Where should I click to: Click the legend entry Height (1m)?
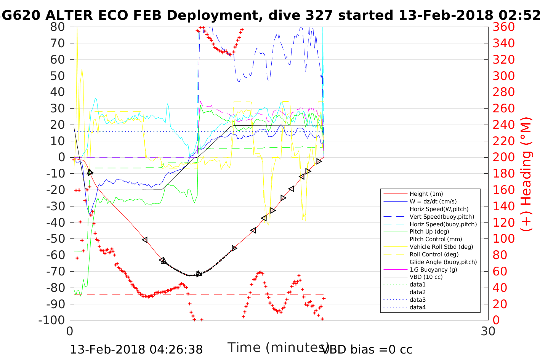(x=426, y=194)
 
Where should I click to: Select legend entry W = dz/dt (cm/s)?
(x=433, y=202)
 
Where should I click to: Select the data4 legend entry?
(x=418, y=307)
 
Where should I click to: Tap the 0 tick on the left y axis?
(x=61, y=157)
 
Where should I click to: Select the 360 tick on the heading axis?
(x=503, y=27)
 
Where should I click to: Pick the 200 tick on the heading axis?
(x=503, y=157)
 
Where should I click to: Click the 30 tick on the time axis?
(x=488, y=331)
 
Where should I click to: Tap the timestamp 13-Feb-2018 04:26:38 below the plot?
(x=136, y=349)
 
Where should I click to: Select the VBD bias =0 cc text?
(x=367, y=349)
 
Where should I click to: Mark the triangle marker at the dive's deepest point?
(x=199, y=274)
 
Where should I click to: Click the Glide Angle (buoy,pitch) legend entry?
(x=443, y=262)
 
